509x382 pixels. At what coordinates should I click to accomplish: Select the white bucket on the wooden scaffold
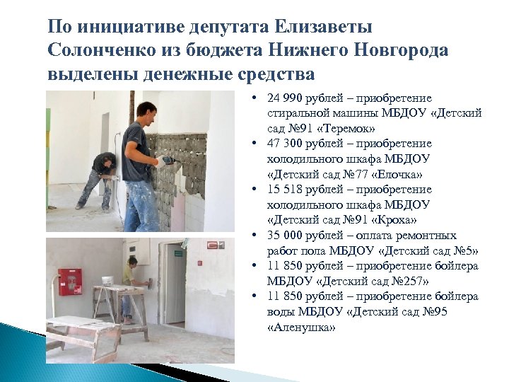tap(107, 281)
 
